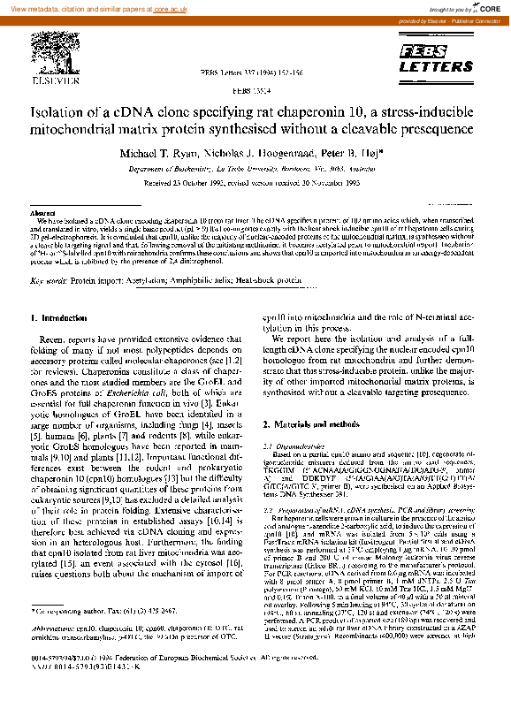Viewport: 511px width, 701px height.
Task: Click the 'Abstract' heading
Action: click(42, 214)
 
